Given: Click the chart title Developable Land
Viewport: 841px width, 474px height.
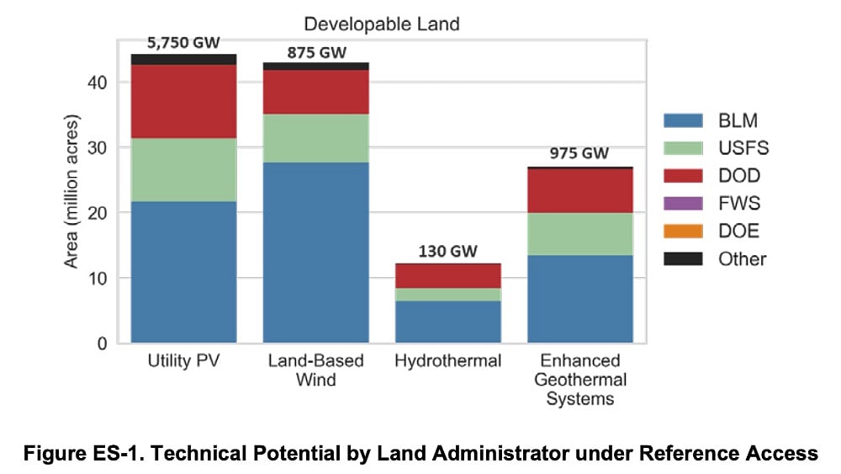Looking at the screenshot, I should (x=382, y=24).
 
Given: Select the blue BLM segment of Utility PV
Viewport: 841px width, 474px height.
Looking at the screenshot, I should (x=183, y=272).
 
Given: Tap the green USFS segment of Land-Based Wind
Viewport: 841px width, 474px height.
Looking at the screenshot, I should (x=315, y=138).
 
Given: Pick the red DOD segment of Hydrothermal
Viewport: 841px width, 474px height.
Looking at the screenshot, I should (x=447, y=276).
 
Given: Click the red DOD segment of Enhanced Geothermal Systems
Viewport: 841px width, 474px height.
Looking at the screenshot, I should (x=579, y=191).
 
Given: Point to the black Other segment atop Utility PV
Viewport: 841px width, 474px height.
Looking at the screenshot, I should (x=183, y=60).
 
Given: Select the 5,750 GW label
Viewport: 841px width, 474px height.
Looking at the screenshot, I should (x=183, y=42).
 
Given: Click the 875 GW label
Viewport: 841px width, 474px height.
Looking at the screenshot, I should (x=315, y=51).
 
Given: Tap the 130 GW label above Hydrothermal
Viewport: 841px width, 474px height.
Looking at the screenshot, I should (x=447, y=252).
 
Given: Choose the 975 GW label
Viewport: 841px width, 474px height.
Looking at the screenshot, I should (x=579, y=154).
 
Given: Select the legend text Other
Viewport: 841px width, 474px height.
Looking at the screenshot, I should (x=742, y=258).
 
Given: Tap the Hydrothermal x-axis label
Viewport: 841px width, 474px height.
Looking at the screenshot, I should (x=447, y=361).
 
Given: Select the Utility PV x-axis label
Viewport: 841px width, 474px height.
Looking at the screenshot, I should (x=183, y=361).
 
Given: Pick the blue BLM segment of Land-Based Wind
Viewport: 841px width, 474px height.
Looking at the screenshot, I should (x=315, y=253).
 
